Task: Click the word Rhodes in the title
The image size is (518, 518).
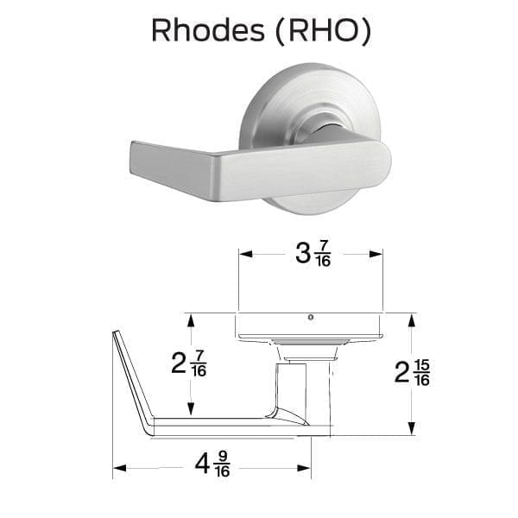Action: pos(208,30)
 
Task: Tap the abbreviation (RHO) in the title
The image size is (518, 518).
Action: pos(323,31)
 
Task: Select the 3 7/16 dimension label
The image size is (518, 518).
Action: pos(313,254)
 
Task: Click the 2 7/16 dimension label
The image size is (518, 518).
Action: pos(189,363)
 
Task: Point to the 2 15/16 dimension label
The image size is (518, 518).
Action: pos(412,373)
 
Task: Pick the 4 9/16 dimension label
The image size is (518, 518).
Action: pos(212,464)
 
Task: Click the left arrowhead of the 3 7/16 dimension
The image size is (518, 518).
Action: pos(245,254)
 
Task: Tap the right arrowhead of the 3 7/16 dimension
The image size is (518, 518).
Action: pos(376,254)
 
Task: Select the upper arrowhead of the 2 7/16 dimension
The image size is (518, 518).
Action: pos(191,320)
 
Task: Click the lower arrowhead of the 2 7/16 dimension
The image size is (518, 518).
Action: pos(191,408)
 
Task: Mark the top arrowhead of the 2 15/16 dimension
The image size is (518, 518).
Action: pos(412,320)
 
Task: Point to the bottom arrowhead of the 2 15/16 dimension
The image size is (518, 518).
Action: pos(412,428)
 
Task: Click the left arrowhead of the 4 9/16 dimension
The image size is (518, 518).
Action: pos(120,468)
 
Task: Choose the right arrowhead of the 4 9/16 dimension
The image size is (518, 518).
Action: pos(304,468)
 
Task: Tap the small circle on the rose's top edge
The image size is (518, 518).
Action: pos(310,318)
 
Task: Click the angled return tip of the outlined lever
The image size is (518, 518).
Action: pos(115,332)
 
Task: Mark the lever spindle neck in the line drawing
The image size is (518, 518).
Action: pos(292,390)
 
